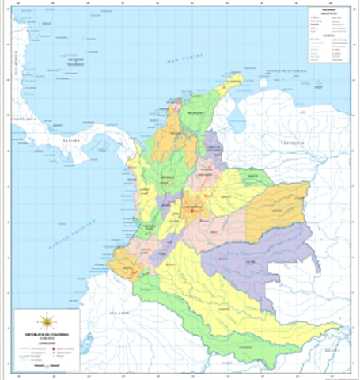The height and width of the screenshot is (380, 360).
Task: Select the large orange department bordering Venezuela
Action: point(277,206)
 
